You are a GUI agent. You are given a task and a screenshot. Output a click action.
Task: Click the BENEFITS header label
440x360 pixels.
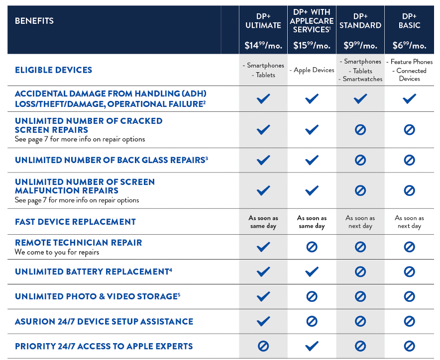tap(34, 21)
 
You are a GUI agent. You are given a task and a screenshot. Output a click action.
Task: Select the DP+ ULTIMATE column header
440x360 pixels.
tap(263, 21)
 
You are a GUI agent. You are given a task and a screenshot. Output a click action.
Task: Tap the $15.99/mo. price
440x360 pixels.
tap(312, 45)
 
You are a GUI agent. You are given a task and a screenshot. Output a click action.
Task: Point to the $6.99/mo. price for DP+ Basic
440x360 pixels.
tap(409, 45)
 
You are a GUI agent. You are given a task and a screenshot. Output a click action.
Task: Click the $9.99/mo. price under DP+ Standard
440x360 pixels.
tap(360, 45)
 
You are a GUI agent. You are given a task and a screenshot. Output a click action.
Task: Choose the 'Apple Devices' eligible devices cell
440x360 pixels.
tap(312, 70)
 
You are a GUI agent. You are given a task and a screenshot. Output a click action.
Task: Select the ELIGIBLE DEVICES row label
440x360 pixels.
tap(53, 70)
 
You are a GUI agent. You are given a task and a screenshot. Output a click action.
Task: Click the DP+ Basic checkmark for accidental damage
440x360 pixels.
tap(409, 99)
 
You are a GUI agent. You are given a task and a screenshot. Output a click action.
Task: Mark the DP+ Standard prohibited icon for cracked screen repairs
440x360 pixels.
tap(360, 130)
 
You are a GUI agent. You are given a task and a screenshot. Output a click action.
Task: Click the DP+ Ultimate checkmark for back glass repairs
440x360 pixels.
tap(263, 160)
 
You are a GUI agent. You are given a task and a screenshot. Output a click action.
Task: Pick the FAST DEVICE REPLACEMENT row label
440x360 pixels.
tap(75, 222)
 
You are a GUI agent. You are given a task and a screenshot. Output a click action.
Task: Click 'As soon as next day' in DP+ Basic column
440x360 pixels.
tap(409, 222)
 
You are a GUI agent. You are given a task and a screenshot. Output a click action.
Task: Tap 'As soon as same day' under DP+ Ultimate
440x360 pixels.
tap(263, 222)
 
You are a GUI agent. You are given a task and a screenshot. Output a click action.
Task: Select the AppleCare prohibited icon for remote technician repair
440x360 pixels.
tap(312, 247)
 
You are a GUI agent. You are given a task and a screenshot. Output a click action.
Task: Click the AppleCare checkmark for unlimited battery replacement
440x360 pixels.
tap(312, 271)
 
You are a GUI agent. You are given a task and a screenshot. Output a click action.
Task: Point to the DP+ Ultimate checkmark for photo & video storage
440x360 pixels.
tap(263, 296)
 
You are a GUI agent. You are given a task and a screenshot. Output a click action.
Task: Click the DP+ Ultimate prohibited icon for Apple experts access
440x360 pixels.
tap(263, 346)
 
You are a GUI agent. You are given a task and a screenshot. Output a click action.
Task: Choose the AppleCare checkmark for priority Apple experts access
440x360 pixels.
tap(312, 346)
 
